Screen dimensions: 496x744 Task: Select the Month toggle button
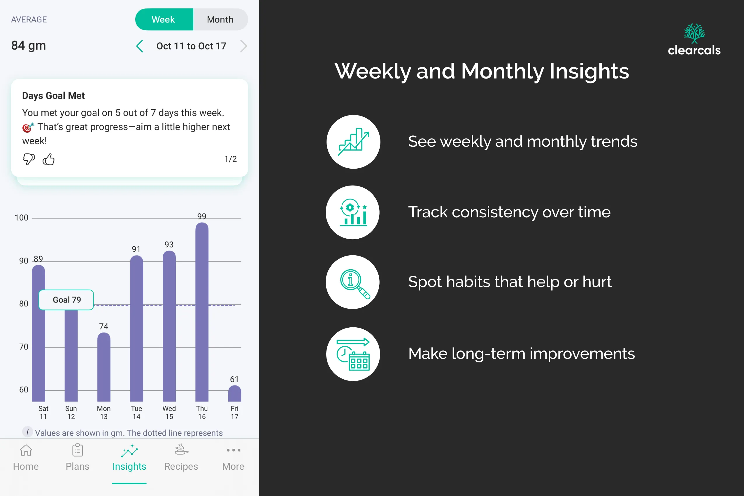coord(220,20)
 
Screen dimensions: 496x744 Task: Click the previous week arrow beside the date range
coord(139,46)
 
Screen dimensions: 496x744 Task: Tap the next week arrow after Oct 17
coord(243,46)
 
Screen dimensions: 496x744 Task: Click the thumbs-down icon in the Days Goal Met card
coord(29,159)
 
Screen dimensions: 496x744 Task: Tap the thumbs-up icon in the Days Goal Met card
coord(49,159)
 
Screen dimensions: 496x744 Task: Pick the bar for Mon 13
coord(104,367)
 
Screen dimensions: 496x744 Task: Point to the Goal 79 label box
coord(66,300)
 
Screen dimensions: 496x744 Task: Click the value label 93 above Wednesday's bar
coord(169,244)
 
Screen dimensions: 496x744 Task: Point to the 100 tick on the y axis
coord(22,218)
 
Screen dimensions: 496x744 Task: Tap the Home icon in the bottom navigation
coord(26,450)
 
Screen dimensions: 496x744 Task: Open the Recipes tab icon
coord(181,450)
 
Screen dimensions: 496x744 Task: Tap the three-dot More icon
coord(233,450)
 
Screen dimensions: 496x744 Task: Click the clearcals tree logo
coord(694,33)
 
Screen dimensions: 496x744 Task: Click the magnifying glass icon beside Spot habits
coord(353,282)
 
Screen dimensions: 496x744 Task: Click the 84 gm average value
coord(29,46)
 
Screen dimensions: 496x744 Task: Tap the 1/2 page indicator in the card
coord(230,159)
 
